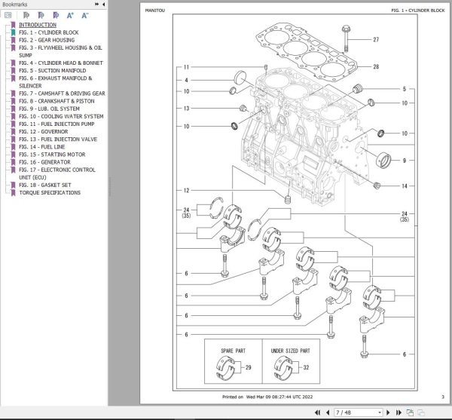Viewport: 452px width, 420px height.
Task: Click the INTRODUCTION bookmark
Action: point(37,25)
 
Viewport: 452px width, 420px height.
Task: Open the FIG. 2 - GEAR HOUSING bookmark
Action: point(46,40)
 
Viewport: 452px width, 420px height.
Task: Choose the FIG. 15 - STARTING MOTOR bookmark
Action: point(53,155)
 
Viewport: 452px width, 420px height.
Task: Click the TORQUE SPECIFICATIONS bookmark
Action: point(50,193)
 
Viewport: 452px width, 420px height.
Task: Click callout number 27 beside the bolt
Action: point(376,40)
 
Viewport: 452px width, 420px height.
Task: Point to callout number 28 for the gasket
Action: point(376,67)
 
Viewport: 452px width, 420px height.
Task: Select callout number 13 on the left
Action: point(186,109)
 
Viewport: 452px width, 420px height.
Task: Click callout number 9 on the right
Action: point(404,161)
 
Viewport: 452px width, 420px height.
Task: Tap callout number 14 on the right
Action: point(404,186)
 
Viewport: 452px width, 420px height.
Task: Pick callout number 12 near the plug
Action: point(186,190)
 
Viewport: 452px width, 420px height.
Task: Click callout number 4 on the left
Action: point(186,80)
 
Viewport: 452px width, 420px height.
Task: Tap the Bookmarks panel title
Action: point(16,5)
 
